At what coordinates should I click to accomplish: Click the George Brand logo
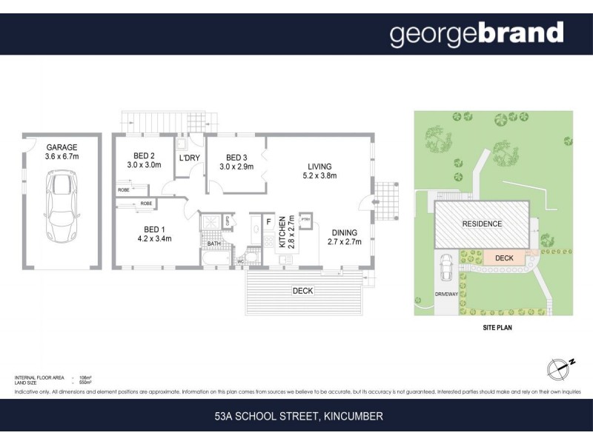pyautogui.click(x=477, y=34)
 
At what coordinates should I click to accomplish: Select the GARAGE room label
pyautogui.click(x=62, y=147)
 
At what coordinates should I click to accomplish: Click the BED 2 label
pyautogui.click(x=144, y=155)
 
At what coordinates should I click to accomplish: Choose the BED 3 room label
pyautogui.click(x=236, y=158)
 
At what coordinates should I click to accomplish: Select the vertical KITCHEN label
pyautogui.click(x=282, y=231)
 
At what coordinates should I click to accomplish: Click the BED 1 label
pyautogui.click(x=154, y=229)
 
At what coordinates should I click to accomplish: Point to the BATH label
pyautogui.click(x=213, y=243)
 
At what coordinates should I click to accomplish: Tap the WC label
pyautogui.click(x=240, y=260)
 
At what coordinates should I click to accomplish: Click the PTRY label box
pyautogui.click(x=305, y=218)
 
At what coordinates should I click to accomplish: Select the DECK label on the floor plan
pyautogui.click(x=302, y=291)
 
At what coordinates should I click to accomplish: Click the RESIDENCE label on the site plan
pyautogui.click(x=482, y=224)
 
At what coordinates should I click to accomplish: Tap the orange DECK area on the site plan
pyautogui.click(x=504, y=258)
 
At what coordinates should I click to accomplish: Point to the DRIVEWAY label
pyautogui.click(x=446, y=294)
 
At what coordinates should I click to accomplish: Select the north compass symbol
pyautogui.click(x=560, y=368)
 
